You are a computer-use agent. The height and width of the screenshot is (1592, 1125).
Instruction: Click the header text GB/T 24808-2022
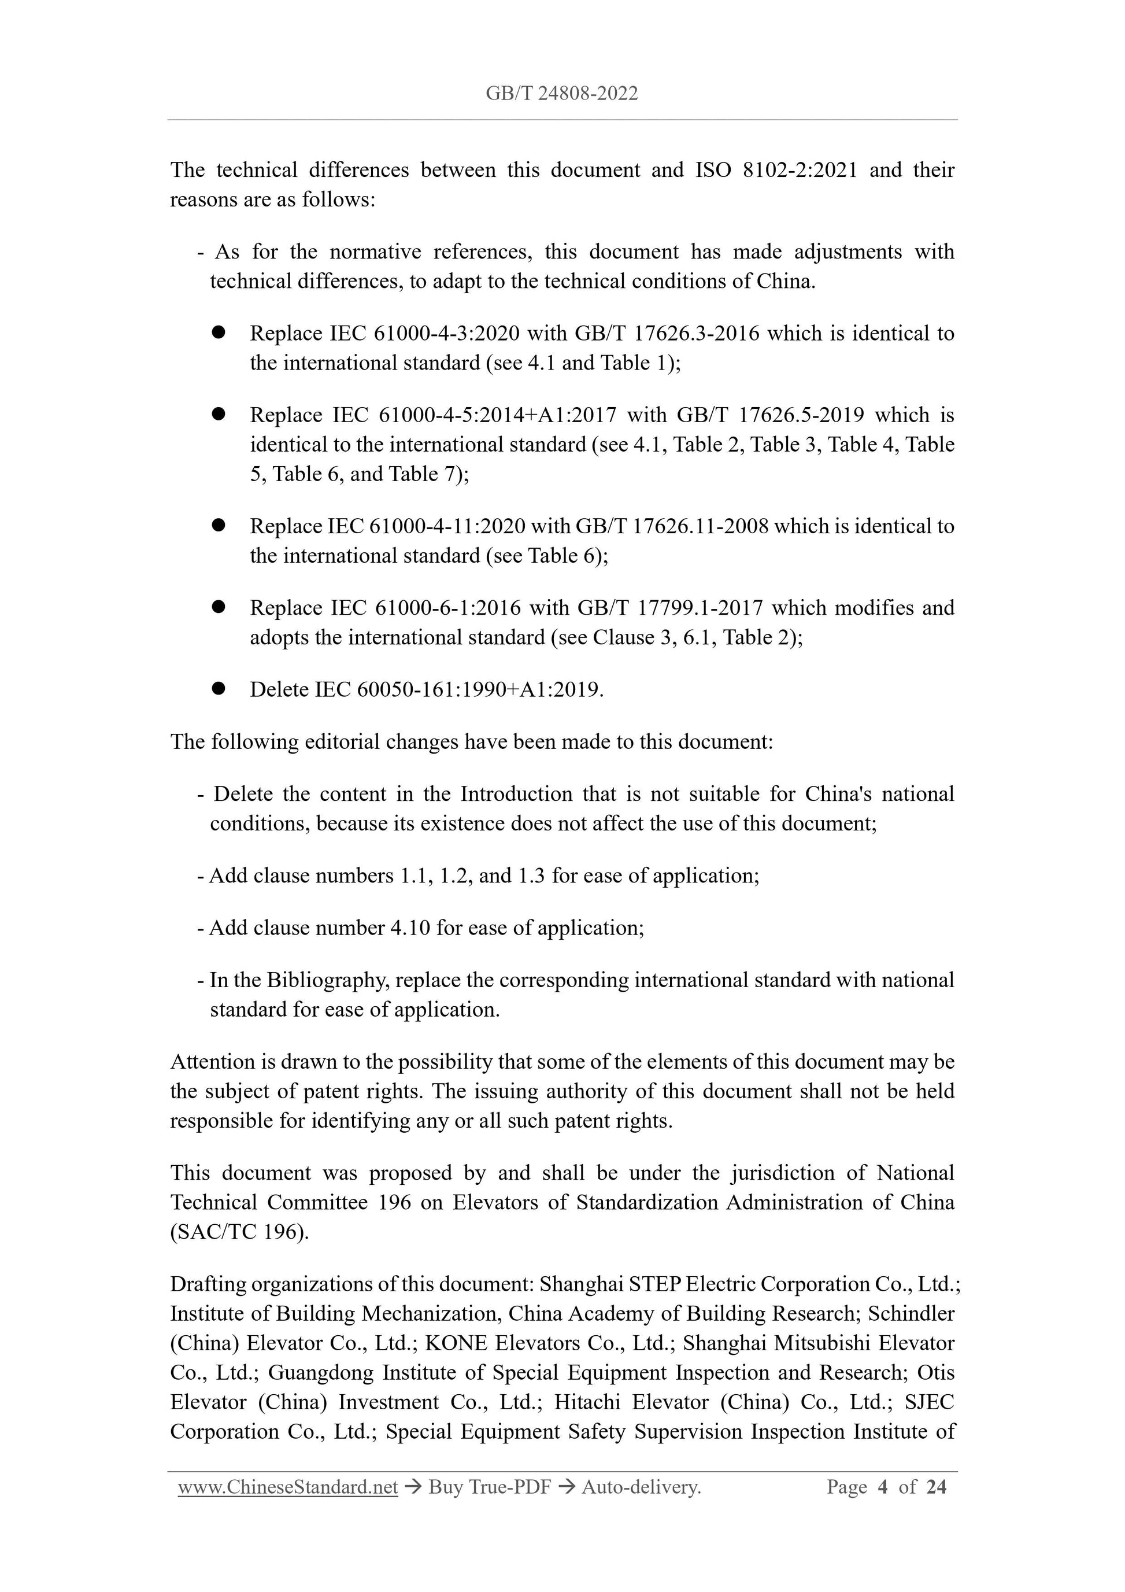point(561,94)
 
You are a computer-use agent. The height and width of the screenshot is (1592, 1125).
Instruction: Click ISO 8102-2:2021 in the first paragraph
point(776,170)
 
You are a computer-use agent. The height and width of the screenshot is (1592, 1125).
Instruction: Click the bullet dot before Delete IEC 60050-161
point(219,689)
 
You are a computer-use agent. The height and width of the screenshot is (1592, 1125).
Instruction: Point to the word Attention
point(212,1062)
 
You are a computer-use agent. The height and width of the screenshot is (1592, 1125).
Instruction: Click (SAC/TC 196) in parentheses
point(239,1232)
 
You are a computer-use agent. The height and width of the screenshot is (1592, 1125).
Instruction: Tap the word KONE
point(456,1343)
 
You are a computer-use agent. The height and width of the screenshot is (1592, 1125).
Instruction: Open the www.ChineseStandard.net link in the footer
point(288,1487)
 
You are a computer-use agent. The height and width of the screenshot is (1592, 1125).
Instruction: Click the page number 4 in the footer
point(882,1487)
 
